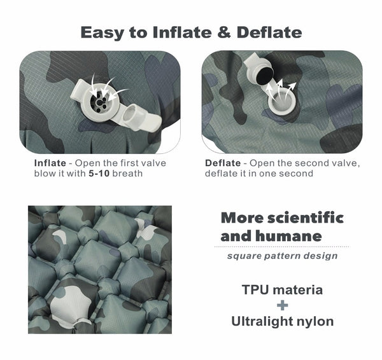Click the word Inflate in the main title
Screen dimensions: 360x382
[174, 32]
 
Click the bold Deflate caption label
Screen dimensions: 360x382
[223, 163]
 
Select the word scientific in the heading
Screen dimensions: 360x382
[304, 218]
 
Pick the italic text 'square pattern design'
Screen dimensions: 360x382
[282, 256]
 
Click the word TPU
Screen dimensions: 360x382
[256, 290]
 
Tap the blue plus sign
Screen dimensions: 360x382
[283, 305]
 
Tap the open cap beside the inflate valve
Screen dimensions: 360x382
[134, 115]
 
